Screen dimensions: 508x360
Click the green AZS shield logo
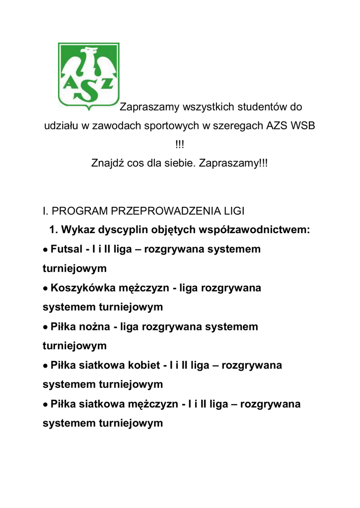(88, 75)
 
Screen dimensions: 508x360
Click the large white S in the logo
(88, 88)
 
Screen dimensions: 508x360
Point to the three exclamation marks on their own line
(179, 144)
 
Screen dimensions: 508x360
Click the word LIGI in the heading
(233, 211)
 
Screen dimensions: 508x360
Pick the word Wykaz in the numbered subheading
(78, 230)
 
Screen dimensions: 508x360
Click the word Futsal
(67, 249)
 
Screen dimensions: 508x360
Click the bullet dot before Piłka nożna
(45, 327)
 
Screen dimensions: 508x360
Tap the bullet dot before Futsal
(45, 250)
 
